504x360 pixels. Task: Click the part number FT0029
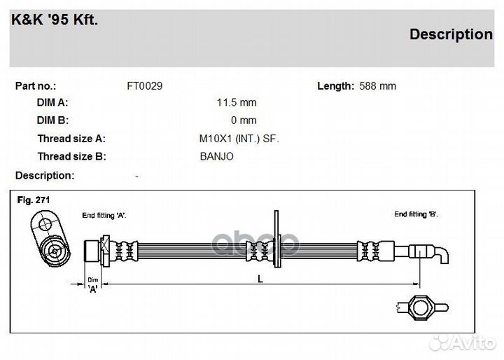pos(145,86)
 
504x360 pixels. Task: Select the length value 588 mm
pos(377,86)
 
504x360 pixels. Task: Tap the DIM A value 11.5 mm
pos(237,103)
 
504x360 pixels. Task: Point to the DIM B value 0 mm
pos(244,120)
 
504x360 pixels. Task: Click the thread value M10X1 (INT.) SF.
pos(239,139)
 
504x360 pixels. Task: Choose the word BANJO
pos(216,156)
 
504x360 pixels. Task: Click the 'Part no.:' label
pos(36,86)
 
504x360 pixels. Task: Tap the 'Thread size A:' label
pos(71,139)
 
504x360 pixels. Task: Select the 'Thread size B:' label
pos(71,156)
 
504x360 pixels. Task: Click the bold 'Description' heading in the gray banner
pos(451,34)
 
